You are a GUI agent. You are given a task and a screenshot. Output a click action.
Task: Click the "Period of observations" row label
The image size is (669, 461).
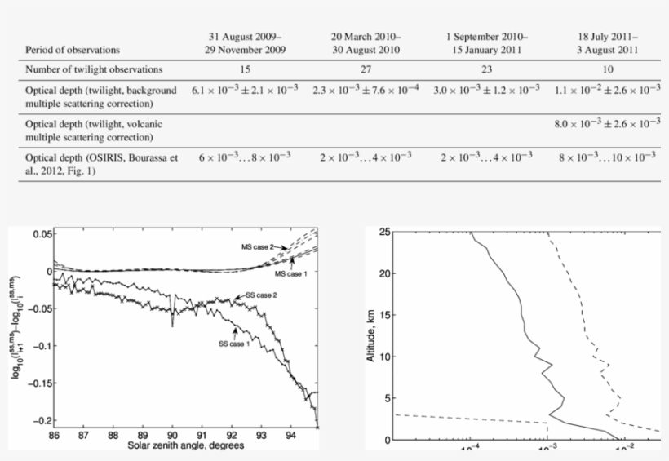[73, 50]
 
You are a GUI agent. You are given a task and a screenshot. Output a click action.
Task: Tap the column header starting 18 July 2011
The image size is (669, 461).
[606, 43]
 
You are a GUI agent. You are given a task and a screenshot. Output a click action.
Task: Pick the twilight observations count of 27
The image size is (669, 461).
[365, 69]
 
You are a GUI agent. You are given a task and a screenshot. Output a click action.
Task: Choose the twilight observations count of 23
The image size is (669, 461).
[487, 69]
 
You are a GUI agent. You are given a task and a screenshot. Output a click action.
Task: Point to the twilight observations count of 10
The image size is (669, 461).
[606, 69]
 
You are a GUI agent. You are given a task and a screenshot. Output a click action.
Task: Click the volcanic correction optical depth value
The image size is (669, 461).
[606, 123]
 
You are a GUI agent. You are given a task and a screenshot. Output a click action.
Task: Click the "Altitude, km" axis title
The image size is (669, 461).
[373, 335]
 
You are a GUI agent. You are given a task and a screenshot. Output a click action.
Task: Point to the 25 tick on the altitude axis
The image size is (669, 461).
[383, 233]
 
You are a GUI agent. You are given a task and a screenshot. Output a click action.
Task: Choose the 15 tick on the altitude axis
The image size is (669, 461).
[383, 316]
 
